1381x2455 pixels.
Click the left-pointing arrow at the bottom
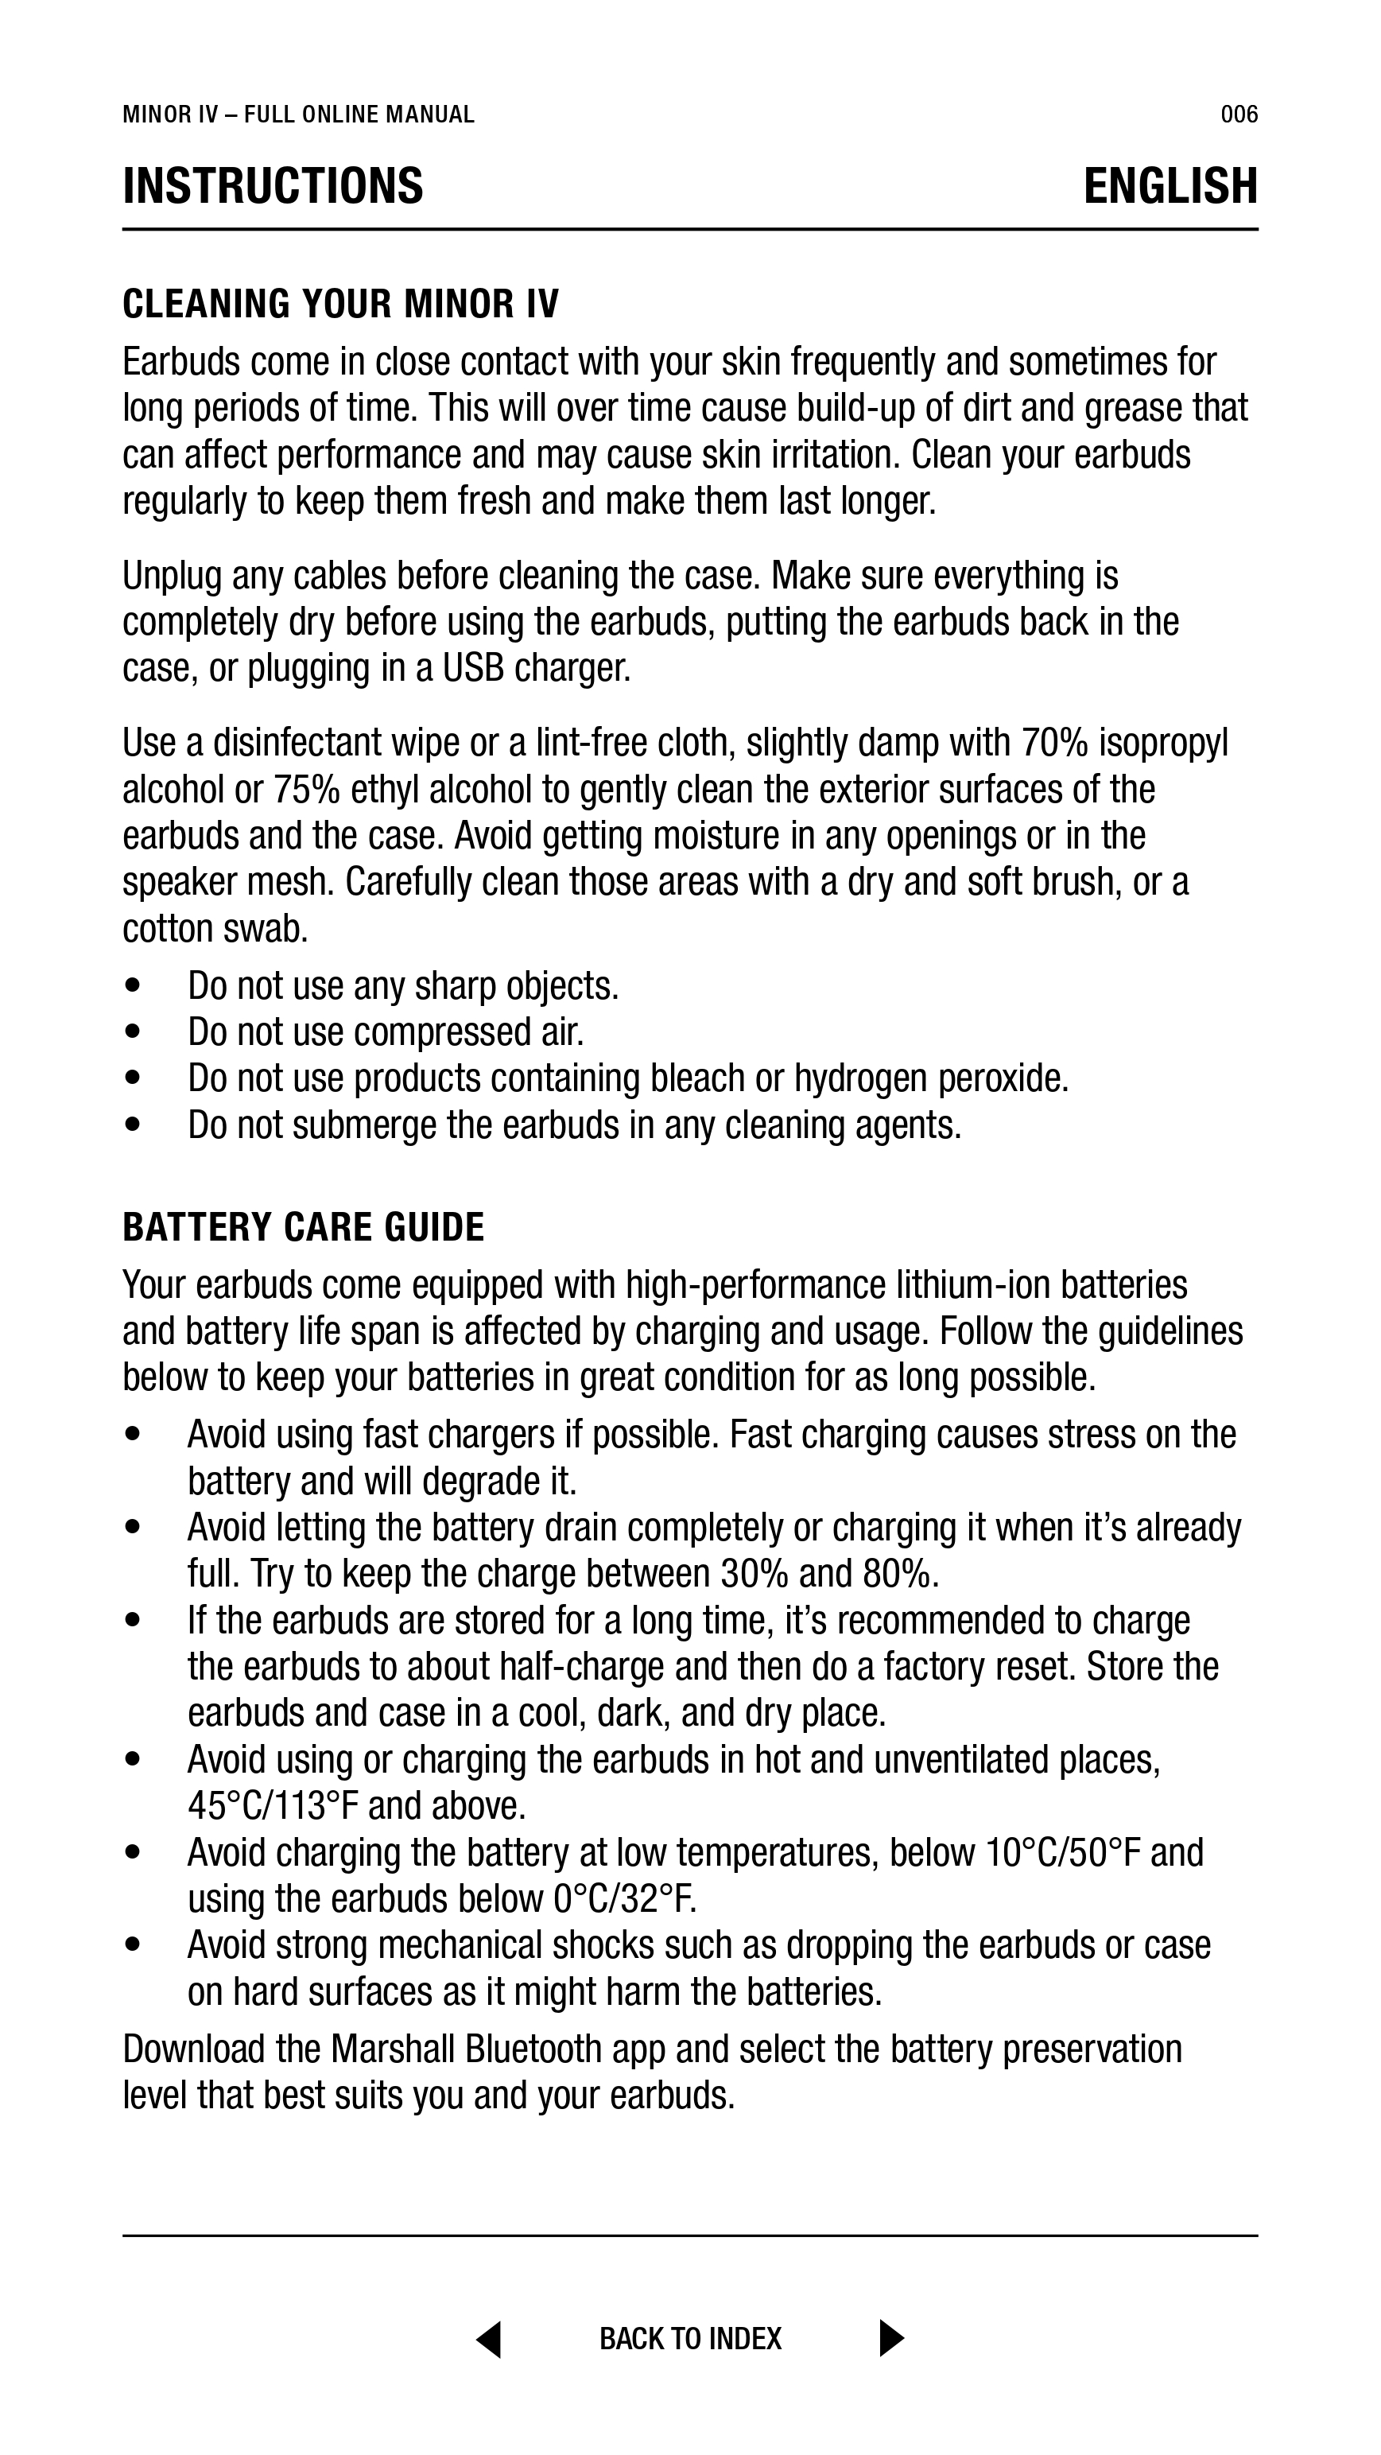click(x=489, y=2339)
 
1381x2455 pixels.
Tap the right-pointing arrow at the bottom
click(x=891, y=2339)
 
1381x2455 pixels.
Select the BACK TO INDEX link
click(x=690, y=2339)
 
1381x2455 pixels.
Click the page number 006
click(x=1239, y=115)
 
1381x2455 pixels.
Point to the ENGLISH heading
click(x=1170, y=186)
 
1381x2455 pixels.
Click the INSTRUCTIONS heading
click(x=273, y=186)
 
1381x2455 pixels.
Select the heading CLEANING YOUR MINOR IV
click(x=340, y=304)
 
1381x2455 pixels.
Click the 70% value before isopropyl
click(x=1054, y=743)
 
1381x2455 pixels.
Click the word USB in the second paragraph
click(x=473, y=668)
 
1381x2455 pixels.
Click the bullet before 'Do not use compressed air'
click(x=133, y=1032)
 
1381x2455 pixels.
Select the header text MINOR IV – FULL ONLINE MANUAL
click(x=298, y=115)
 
